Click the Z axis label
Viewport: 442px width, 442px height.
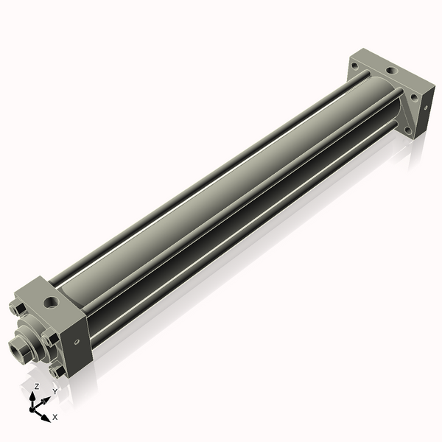pyautogui.click(x=36, y=386)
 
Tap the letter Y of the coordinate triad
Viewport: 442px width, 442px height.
pyautogui.click(x=55, y=391)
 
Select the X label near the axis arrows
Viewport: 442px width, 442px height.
pyautogui.click(x=55, y=417)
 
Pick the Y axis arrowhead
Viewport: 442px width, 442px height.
pyautogui.click(x=46, y=400)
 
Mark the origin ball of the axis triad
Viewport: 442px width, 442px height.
pyautogui.click(x=32, y=410)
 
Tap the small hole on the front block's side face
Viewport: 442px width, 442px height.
pyautogui.click(x=77, y=343)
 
